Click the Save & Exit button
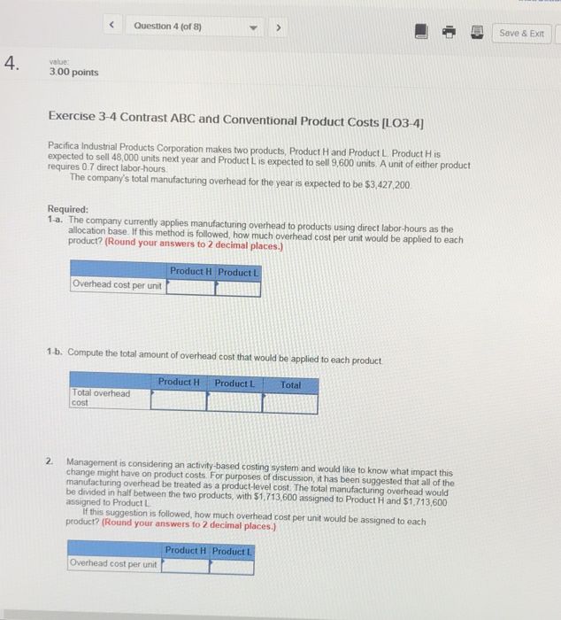tap(524, 33)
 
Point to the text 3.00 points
tap(73, 72)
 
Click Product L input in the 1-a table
tap(236, 287)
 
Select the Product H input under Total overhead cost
tap(178, 401)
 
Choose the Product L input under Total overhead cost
tap(234, 401)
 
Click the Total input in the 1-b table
tap(289, 401)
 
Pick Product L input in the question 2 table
tap(232, 566)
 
